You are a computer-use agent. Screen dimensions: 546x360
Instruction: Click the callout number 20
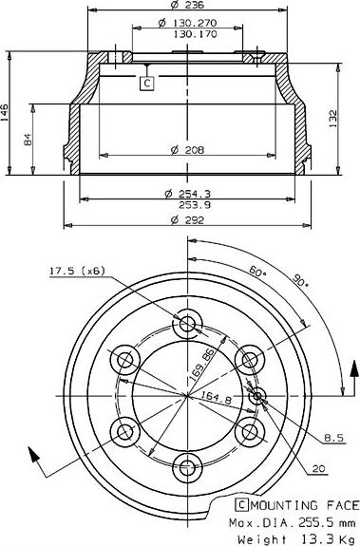point(317,468)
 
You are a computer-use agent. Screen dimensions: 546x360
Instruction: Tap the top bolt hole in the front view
point(187,324)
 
